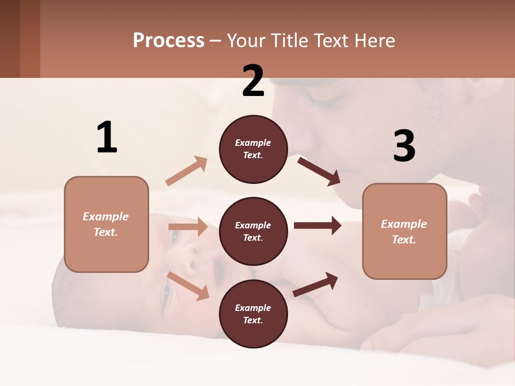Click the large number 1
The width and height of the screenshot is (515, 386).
click(x=107, y=138)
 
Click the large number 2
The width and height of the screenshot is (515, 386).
click(x=253, y=81)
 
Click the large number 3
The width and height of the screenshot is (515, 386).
click(x=404, y=146)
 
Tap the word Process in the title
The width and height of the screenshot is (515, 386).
click(x=168, y=40)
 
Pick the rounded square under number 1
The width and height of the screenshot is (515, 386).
click(x=106, y=224)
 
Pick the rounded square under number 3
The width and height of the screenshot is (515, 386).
click(x=404, y=231)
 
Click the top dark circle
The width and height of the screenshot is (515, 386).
click(x=253, y=149)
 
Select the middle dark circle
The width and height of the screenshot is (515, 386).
click(x=253, y=231)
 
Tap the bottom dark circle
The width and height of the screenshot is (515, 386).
click(x=253, y=314)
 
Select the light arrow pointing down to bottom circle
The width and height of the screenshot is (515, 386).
click(x=188, y=285)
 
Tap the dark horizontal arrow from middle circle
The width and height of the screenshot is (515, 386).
click(x=317, y=225)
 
